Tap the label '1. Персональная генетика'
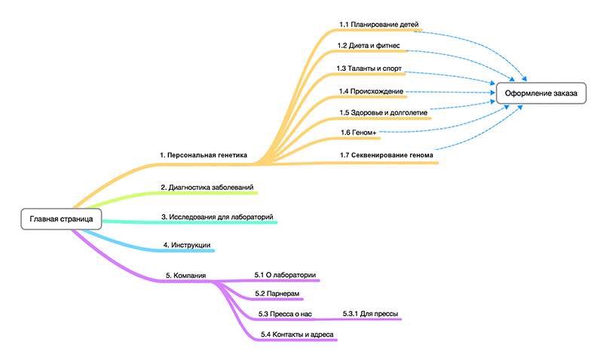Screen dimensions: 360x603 pos(203,154)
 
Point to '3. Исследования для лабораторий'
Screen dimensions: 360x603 pos(217,216)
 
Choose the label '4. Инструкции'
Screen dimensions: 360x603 pos(186,245)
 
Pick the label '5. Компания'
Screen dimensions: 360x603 pos(185,276)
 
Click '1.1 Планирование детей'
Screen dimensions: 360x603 pos(378,24)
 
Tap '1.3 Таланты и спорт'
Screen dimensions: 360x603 pos(369,69)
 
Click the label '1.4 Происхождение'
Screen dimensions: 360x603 pos(371,91)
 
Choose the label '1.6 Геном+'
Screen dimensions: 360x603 pos(358,133)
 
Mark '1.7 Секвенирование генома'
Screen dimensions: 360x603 pos(387,155)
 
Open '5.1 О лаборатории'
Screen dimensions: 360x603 pos(285,274)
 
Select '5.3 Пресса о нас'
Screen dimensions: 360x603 pos(285,313)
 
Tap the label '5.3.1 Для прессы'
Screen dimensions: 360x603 pos(370,313)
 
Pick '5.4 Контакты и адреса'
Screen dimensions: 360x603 pos(297,334)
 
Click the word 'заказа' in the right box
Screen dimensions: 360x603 pos(562,93)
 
